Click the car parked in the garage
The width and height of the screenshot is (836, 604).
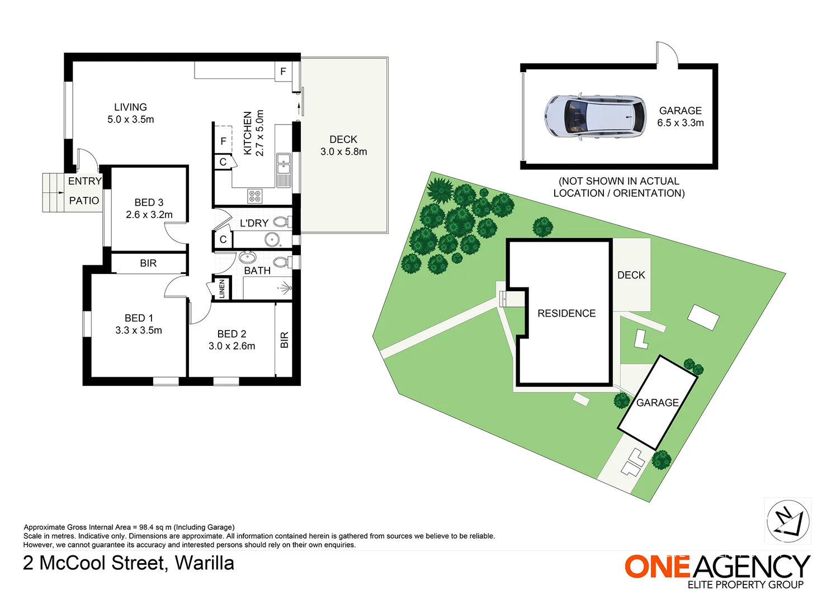tap(595, 117)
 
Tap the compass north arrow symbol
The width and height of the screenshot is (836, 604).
tap(788, 521)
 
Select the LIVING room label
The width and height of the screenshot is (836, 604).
tap(131, 107)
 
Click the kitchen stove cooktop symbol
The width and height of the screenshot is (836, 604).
tap(255, 196)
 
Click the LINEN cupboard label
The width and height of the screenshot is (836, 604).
tap(222, 289)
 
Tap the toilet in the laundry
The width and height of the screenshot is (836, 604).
tap(281, 222)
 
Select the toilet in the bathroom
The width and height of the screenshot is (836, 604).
tap(282, 262)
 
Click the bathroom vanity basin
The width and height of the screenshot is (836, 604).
tap(247, 257)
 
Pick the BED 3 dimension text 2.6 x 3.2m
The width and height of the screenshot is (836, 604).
tap(149, 215)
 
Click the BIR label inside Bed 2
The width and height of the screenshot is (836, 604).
tap(285, 339)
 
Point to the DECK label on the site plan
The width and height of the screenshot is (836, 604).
tap(631, 275)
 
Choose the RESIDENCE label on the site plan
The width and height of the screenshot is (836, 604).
tap(566, 313)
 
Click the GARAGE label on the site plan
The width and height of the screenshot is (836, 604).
tap(658, 403)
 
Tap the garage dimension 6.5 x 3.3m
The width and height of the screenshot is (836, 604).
tap(681, 123)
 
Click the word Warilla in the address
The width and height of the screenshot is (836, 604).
tap(205, 563)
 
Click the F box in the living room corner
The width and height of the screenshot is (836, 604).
tap(284, 71)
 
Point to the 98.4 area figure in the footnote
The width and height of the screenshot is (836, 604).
tap(147, 527)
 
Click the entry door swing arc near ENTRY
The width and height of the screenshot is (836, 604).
tap(91, 155)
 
